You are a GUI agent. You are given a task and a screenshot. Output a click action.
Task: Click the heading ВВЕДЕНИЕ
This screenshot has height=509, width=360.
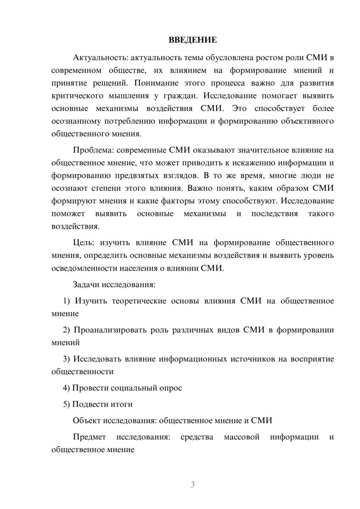point(193,40)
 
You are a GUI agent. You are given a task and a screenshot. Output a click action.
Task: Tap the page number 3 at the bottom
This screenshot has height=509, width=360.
point(193,485)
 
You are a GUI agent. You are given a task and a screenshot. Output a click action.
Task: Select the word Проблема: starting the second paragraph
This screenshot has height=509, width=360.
point(93,150)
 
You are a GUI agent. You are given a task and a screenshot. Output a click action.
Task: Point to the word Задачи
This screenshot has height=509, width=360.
point(86,285)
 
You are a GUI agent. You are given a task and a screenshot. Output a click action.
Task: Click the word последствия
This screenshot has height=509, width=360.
point(275,214)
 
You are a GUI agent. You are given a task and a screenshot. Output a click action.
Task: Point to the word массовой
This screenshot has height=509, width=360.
point(242,437)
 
